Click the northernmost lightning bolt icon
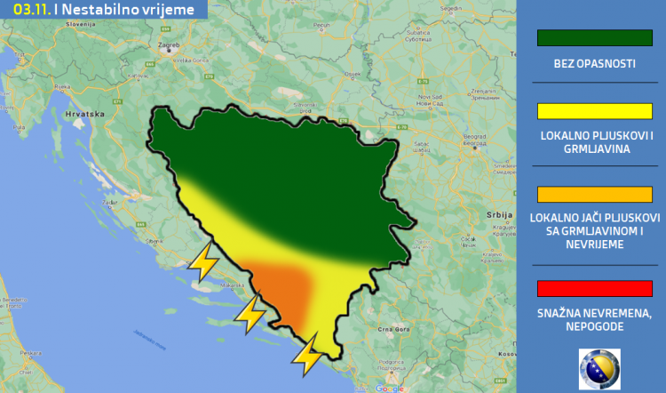206,262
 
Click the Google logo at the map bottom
389,388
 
